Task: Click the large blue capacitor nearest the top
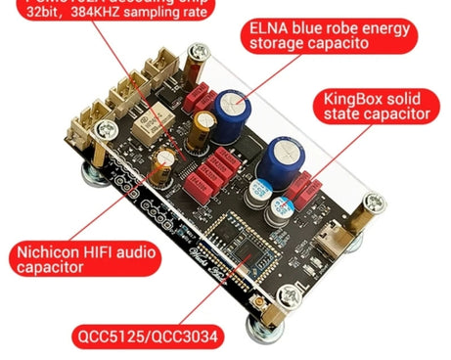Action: tap(238, 111)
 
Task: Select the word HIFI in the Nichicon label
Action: tap(105, 251)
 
